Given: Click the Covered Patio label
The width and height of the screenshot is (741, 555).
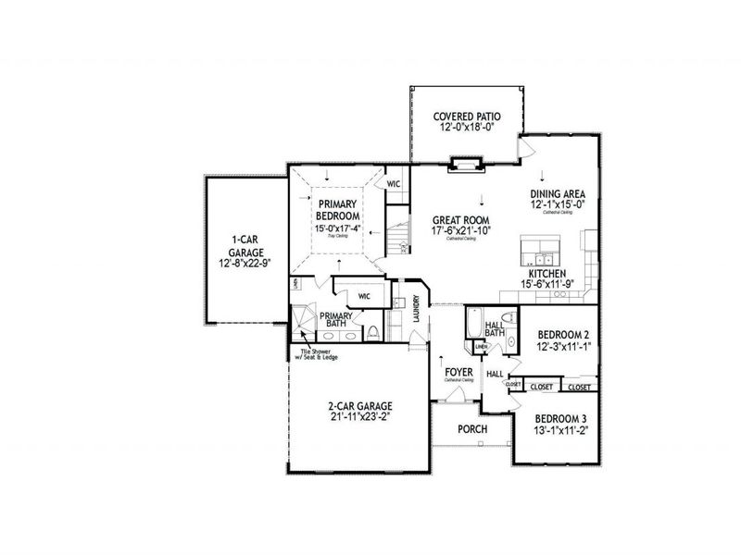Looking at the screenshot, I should pos(467,117).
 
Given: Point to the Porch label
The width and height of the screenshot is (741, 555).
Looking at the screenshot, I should pos(472,429).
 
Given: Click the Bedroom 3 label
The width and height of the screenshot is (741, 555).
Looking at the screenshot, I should pos(560,417).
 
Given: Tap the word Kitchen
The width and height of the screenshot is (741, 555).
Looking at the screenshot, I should pos(548,274).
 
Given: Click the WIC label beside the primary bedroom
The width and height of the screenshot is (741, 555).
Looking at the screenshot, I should pos(393,182).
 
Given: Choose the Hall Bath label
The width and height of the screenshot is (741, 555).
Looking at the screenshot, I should pos(495,328).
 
